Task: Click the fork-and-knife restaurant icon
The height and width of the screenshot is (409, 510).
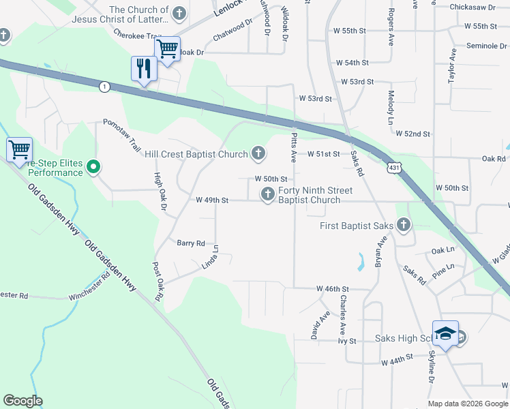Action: point(144,69)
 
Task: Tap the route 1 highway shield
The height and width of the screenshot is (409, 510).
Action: point(104,87)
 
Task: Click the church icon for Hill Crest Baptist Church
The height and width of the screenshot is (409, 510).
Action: point(258,154)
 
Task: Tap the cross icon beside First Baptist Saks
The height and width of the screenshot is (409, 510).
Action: point(404,224)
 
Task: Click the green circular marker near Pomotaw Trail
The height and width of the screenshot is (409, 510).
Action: point(94,166)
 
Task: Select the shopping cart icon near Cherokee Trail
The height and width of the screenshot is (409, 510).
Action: point(166,49)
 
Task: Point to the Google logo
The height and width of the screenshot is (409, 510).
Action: point(23,401)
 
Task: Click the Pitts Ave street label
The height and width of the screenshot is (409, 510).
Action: point(293,144)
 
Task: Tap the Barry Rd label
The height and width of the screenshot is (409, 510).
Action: point(191,243)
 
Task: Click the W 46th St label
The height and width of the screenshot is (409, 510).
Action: point(333,289)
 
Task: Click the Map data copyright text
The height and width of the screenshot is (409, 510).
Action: point(467,404)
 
